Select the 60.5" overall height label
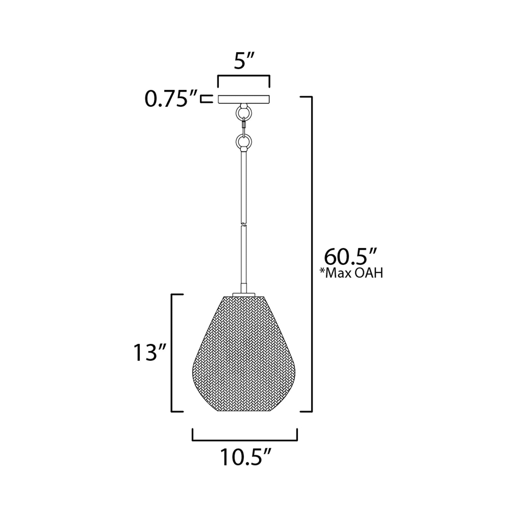(x=350, y=257)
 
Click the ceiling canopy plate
(x=244, y=99)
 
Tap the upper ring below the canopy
(x=244, y=113)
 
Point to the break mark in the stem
(x=244, y=224)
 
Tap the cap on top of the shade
(x=244, y=294)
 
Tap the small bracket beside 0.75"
(x=206, y=99)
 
